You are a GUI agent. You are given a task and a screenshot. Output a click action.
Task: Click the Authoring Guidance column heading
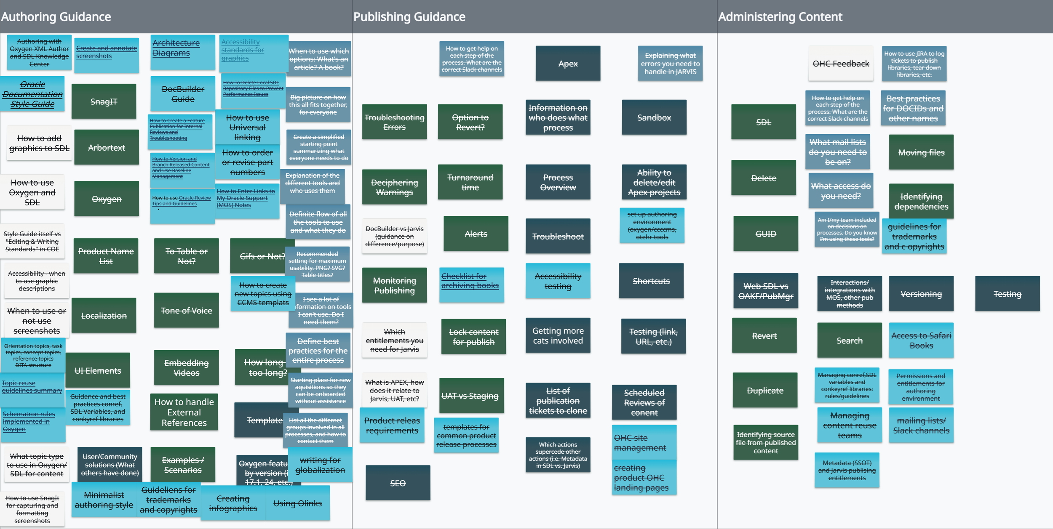click(56, 17)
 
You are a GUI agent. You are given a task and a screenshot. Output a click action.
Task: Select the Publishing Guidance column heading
click(409, 17)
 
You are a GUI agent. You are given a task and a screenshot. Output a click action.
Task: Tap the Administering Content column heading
click(780, 17)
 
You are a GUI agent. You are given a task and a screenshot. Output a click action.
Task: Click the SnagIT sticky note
click(104, 101)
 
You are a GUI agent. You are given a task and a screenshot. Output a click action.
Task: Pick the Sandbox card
click(654, 117)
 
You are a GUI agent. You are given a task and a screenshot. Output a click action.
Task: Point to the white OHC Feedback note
click(840, 64)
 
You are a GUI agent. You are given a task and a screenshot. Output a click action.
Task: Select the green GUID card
click(765, 234)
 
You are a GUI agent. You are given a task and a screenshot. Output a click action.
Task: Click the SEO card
click(398, 483)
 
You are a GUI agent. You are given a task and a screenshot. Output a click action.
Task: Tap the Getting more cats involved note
click(558, 335)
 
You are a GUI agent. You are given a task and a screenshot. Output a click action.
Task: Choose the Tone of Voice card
click(186, 310)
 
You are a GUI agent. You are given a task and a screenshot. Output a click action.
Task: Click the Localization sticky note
click(104, 315)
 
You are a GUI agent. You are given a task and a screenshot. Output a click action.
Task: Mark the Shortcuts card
click(651, 281)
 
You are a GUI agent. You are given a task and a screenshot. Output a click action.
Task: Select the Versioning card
click(921, 294)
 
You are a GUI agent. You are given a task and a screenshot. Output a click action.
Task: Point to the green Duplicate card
click(764, 390)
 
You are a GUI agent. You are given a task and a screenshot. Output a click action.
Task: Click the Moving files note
click(921, 152)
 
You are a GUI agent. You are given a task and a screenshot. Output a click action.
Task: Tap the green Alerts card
click(476, 234)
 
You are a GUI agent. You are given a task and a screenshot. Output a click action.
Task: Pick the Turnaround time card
click(470, 182)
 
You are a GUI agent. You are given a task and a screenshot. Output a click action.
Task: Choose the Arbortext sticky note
click(106, 147)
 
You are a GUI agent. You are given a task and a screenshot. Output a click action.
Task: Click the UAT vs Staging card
click(470, 396)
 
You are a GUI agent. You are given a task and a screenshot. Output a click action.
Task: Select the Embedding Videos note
click(186, 367)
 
